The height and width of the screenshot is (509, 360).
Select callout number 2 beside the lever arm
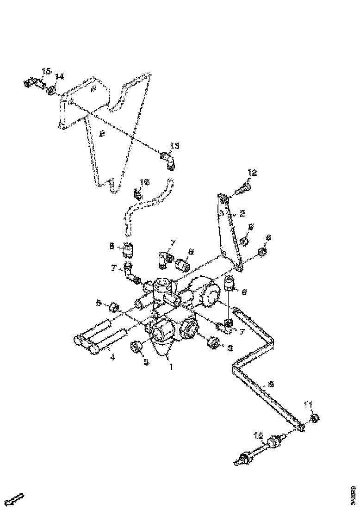click(x=242, y=214)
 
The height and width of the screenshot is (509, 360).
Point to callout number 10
click(x=258, y=435)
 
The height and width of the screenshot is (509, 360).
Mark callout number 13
click(x=174, y=146)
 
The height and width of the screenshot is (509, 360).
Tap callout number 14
click(x=60, y=76)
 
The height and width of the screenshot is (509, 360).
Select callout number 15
click(x=47, y=71)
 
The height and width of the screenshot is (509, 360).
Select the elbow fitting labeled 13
click(x=168, y=159)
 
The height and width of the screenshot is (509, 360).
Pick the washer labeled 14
click(x=52, y=88)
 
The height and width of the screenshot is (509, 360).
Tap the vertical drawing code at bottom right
click(x=353, y=492)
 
